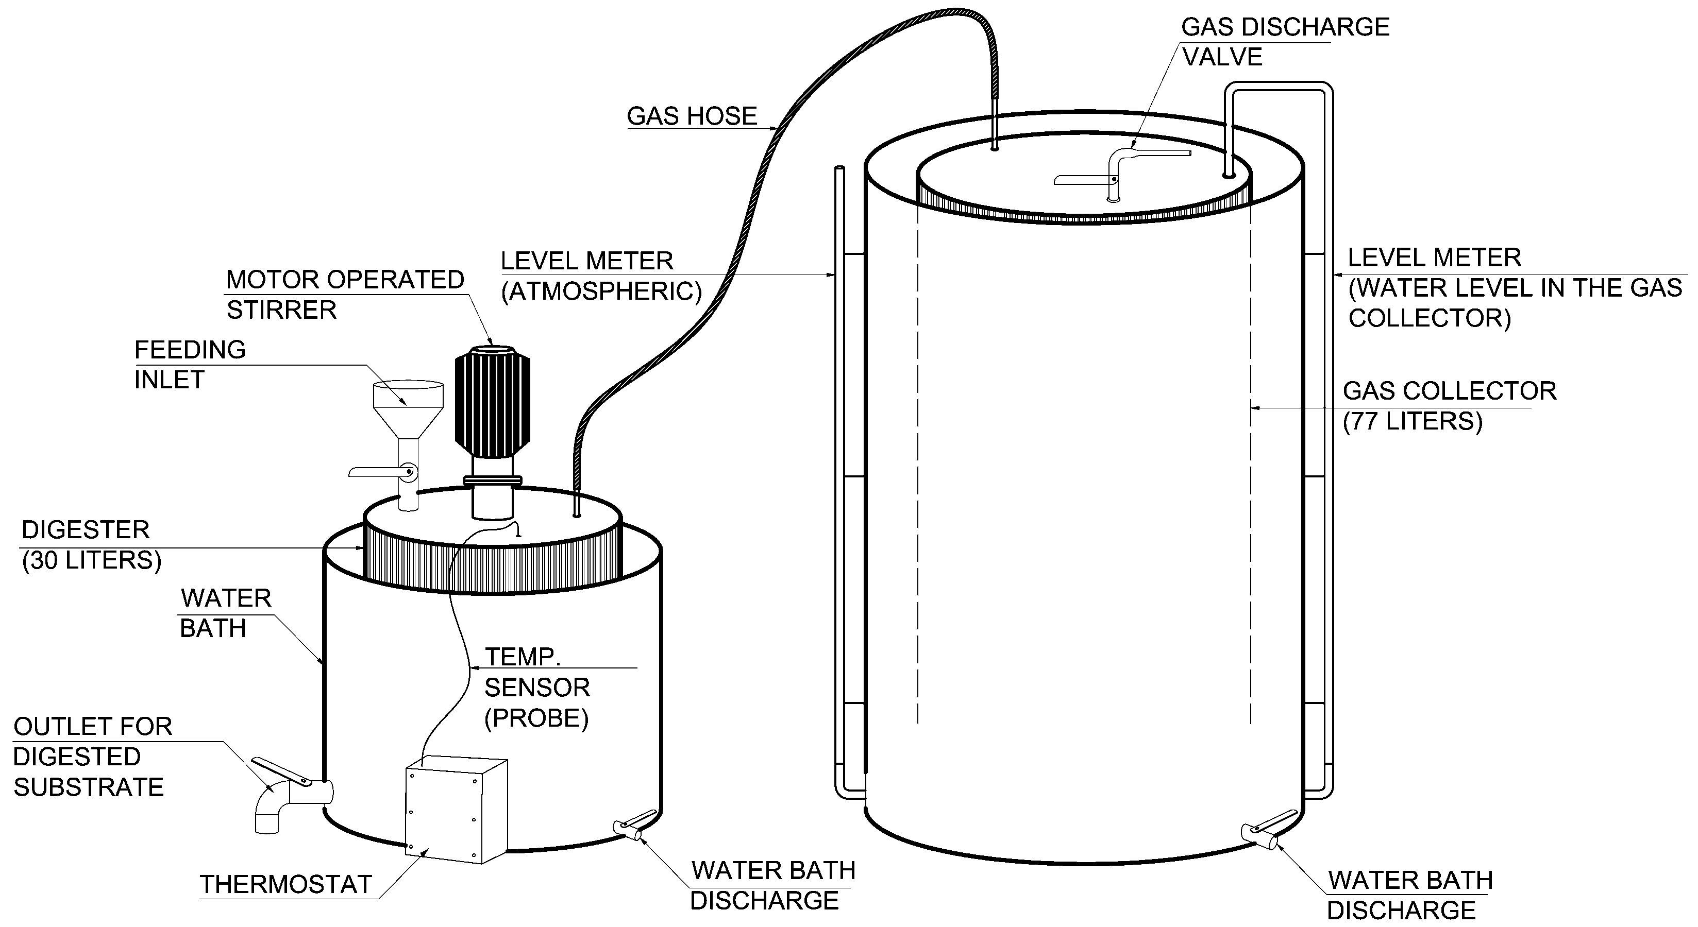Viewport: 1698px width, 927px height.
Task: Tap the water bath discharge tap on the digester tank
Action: (x=629, y=828)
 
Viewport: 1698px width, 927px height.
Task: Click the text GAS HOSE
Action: (x=692, y=116)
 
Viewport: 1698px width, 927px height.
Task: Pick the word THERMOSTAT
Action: (x=286, y=884)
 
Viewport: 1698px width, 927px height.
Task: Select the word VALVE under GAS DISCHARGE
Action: (x=1222, y=57)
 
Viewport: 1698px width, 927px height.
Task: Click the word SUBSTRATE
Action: (x=88, y=787)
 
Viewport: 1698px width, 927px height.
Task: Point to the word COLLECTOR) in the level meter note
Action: (x=1429, y=319)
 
